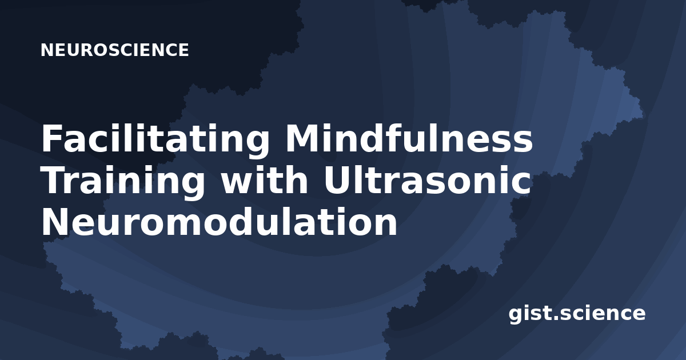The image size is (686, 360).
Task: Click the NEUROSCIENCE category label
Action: click(x=115, y=50)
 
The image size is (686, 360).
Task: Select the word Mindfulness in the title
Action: click(x=409, y=138)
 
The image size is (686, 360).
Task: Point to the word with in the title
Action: click(x=264, y=179)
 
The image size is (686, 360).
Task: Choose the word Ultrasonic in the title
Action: click(x=427, y=179)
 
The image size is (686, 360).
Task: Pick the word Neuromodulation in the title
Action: click(x=220, y=221)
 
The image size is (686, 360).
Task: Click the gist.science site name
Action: click(x=577, y=314)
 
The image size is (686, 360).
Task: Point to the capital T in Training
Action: click(x=54, y=180)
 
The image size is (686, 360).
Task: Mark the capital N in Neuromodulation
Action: click(x=55, y=222)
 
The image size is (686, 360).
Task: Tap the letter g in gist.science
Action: click(x=516, y=315)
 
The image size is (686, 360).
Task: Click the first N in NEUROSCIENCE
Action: click(x=47, y=50)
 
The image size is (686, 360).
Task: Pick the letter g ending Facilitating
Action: click(x=257, y=145)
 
